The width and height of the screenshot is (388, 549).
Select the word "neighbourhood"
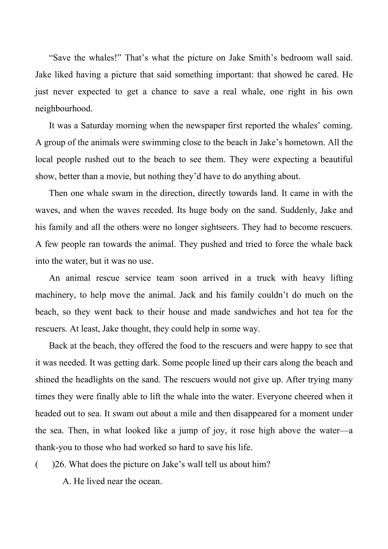point(63,109)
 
